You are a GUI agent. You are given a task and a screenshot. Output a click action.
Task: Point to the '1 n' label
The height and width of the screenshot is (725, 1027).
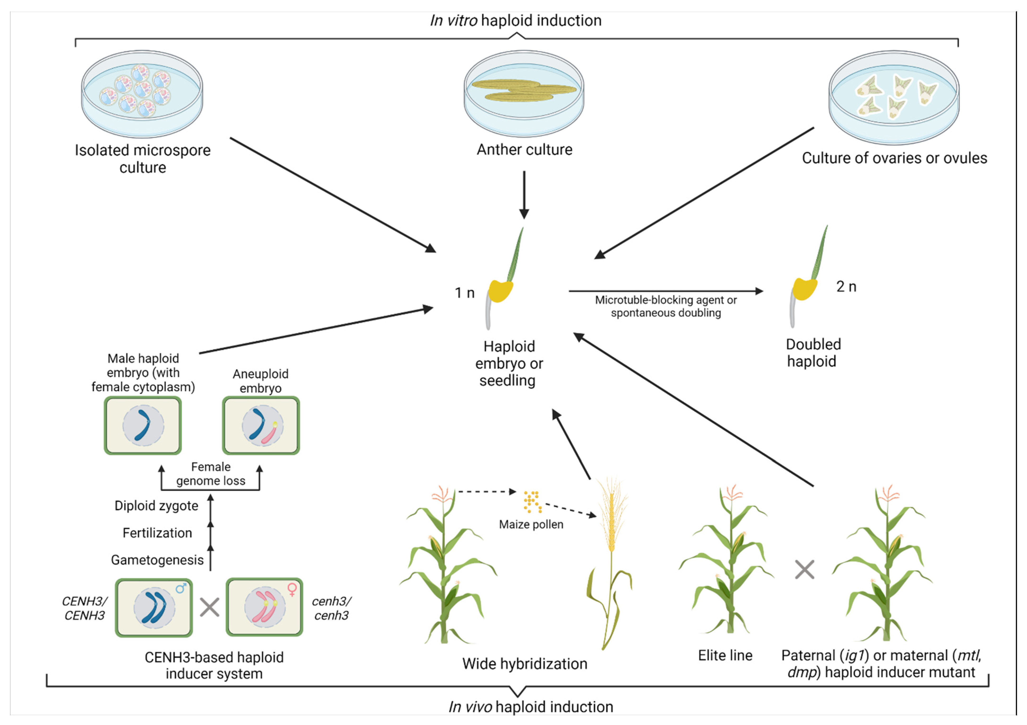tap(464, 293)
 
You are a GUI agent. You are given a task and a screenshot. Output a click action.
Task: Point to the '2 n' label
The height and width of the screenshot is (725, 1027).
tap(846, 287)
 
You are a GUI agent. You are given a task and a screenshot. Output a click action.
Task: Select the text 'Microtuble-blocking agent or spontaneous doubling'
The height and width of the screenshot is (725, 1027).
tap(666, 306)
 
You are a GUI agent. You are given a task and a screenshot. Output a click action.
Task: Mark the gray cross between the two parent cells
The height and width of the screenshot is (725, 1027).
tap(209, 607)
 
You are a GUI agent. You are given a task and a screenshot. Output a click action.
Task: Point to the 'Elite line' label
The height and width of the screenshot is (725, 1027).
tap(725, 656)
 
